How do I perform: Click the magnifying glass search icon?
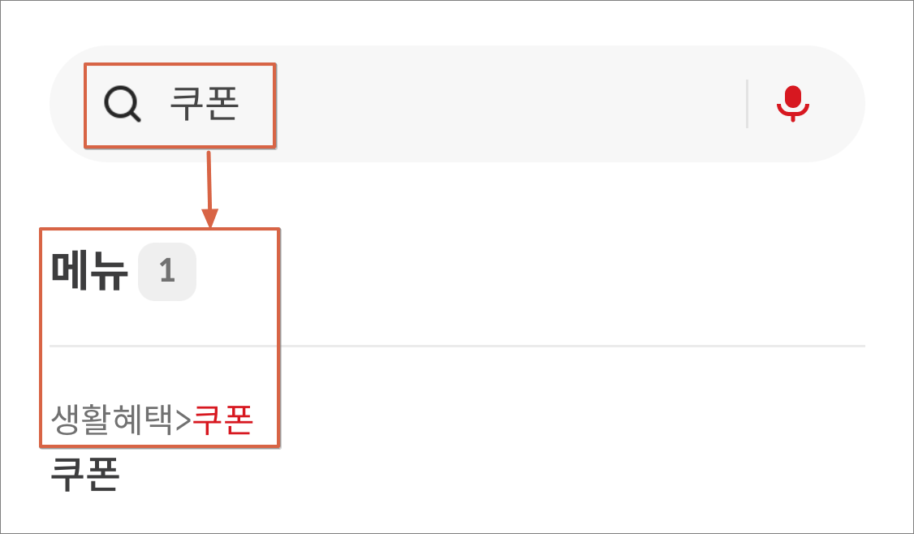122,104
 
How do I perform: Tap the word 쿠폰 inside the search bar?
204,104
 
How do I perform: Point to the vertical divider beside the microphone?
747,104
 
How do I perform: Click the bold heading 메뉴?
89,271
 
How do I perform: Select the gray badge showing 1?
167,271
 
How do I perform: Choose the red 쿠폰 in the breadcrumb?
223,420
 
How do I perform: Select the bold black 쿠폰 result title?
85,475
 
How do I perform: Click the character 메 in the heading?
70,271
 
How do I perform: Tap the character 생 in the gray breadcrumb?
66,420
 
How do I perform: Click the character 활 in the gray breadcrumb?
97,420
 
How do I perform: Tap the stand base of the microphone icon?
792,118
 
